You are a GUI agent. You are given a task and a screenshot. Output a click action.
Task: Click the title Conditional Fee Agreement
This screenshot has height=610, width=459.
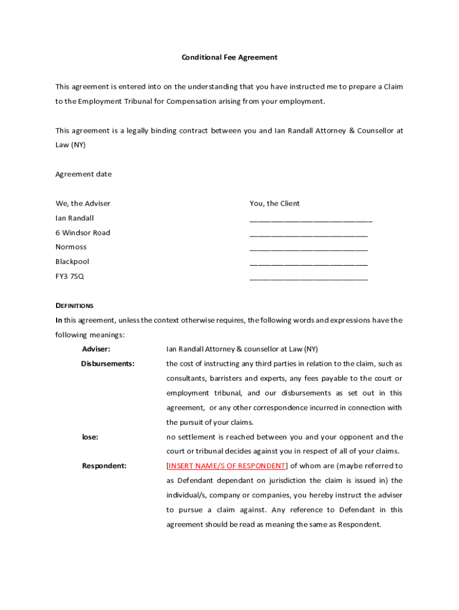point(229,57)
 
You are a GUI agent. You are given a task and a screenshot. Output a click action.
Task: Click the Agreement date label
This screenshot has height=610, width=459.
point(83,174)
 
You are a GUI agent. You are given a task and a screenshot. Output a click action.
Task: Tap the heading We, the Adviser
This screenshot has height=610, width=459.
point(83,203)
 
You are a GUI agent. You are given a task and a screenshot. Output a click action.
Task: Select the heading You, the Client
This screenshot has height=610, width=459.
point(274,203)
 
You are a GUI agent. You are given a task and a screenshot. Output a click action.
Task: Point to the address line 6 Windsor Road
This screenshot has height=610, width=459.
point(83,232)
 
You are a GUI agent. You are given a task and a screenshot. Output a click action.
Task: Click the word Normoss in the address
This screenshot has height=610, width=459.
point(71,247)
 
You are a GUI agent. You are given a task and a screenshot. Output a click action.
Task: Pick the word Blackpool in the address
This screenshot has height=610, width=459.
point(72,262)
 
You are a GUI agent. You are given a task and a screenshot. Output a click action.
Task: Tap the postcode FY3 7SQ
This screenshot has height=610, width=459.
point(70,276)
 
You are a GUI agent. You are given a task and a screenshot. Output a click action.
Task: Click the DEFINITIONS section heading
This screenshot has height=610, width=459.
point(75,306)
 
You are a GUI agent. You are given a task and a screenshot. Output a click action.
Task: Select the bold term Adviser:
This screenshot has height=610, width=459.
point(96,348)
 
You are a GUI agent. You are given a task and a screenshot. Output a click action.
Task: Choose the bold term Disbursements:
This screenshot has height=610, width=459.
point(108,363)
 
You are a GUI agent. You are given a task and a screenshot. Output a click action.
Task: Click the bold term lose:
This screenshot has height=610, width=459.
point(90,437)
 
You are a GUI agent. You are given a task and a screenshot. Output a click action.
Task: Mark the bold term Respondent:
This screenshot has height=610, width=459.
point(104,466)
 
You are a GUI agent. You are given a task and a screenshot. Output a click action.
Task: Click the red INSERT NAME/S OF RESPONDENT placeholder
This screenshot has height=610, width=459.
point(227,466)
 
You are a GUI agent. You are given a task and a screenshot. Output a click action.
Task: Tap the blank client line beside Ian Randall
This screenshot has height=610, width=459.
point(311,220)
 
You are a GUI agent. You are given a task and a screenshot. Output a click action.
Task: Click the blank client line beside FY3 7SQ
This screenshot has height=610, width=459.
point(308,279)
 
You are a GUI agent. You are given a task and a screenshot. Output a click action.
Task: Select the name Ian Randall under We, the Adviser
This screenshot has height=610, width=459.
point(75,218)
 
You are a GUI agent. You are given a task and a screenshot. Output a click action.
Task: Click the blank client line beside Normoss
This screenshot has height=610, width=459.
point(308,250)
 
